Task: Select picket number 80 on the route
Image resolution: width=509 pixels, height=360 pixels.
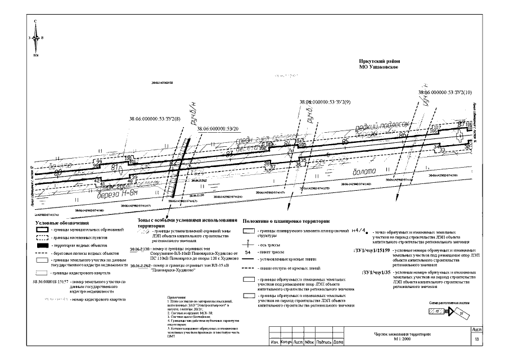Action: (x=57, y=173)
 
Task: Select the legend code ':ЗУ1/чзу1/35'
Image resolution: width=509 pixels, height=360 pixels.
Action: (x=379, y=273)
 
